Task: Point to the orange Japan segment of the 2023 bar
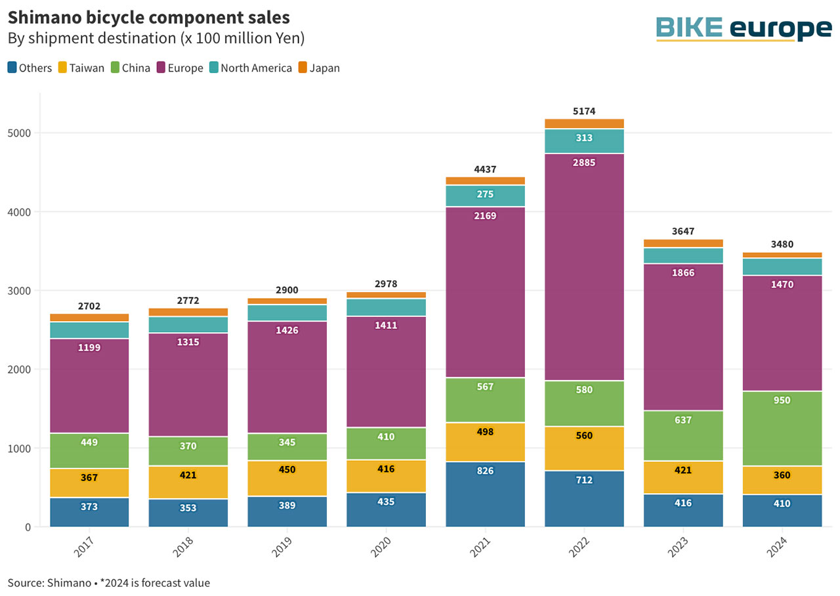(683, 244)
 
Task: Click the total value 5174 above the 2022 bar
(584, 112)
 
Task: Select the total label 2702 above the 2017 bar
(89, 306)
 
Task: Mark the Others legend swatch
(12, 68)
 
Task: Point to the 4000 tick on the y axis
(22, 212)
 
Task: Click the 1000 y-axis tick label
(22, 448)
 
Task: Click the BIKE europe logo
(744, 29)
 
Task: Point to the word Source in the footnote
(24, 582)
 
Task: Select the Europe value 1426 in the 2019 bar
(287, 330)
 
